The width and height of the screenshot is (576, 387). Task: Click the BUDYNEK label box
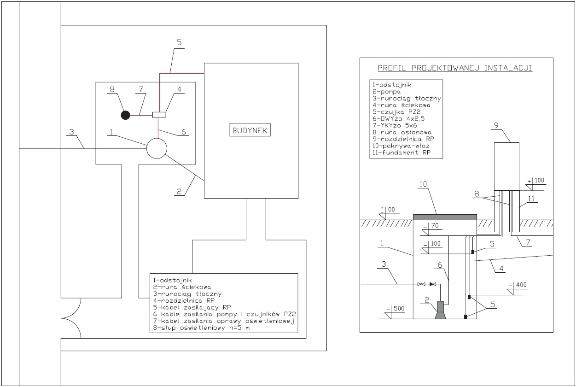click(x=250, y=129)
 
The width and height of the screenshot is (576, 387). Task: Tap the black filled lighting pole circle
click(x=126, y=115)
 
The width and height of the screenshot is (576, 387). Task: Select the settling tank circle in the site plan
click(x=157, y=148)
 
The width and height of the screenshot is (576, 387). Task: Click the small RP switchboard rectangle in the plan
click(x=159, y=115)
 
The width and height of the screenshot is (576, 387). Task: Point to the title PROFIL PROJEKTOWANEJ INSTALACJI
click(x=454, y=68)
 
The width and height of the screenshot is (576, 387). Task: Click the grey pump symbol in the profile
click(x=440, y=310)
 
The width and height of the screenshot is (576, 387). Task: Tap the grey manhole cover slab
click(x=445, y=217)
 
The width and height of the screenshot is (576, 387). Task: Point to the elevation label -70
click(x=431, y=225)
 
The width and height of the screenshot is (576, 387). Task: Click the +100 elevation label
click(x=536, y=181)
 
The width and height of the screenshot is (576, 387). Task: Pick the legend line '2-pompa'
click(x=386, y=92)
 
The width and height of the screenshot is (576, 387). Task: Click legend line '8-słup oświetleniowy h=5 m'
click(x=201, y=328)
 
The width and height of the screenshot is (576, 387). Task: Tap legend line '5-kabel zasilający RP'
click(x=192, y=307)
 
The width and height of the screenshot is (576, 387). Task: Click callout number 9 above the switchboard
click(x=496, y=125)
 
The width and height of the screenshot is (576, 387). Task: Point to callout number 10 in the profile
click(x=423, y=184)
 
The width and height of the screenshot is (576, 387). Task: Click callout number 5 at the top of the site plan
click(x=179, y=42)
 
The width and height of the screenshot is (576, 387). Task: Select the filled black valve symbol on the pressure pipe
click(x=433, y=284)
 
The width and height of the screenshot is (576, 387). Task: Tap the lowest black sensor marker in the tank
click(x=465, y=317)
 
